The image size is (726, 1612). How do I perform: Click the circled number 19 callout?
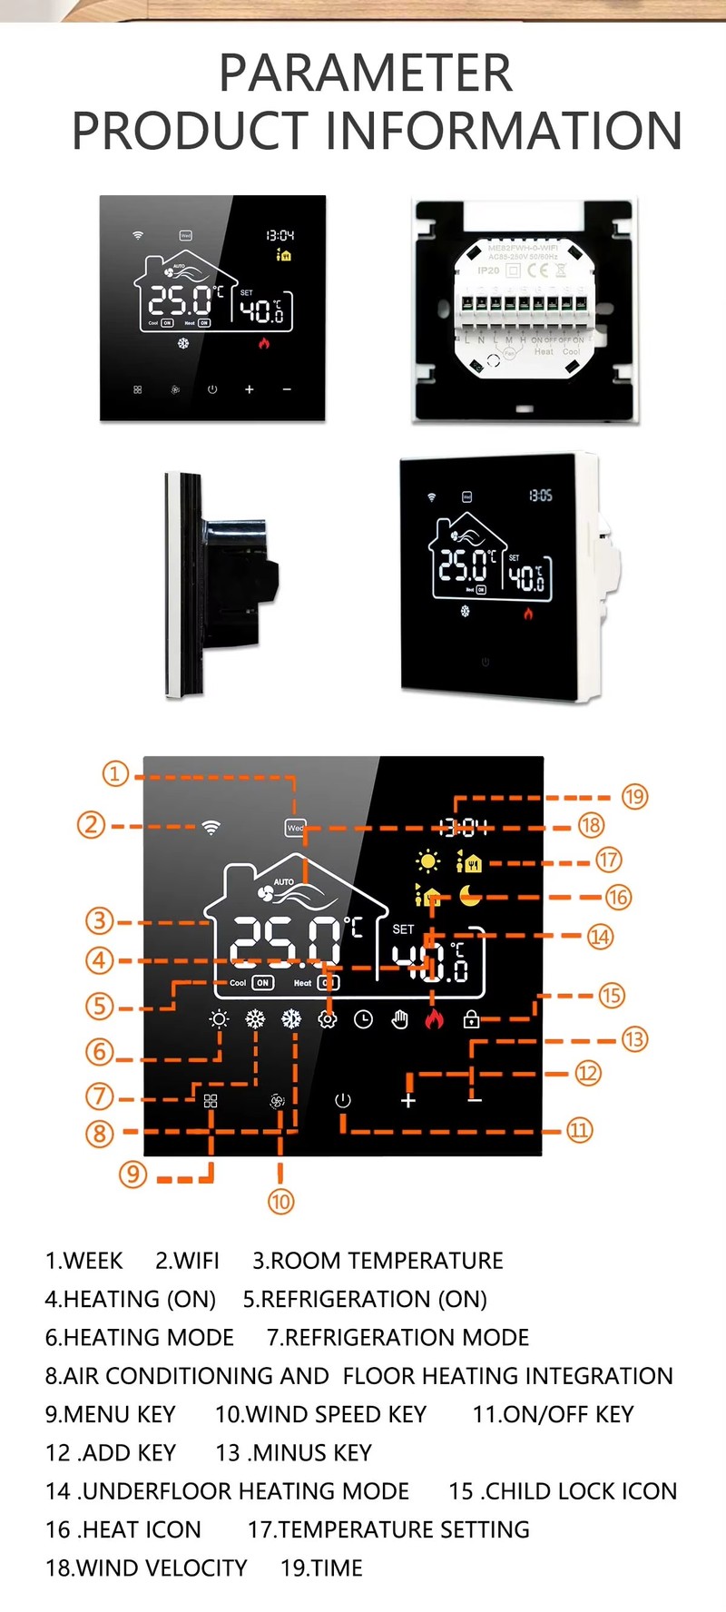click(634, 797)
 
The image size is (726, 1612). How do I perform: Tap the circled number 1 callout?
click(115, 774)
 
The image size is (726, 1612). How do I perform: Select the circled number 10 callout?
click(280, 1202)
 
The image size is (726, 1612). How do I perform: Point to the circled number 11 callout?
click(579, 1130)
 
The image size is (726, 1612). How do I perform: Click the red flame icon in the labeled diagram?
click(435, 1019)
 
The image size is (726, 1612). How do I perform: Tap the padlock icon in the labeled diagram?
click(471, 1019)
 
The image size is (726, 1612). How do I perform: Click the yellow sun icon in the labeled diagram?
click(427, 860)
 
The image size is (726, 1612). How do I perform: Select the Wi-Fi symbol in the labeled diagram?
click(211, 827)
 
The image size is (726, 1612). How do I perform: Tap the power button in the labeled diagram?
click(342, 1100)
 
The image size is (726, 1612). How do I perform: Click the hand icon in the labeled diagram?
click(399, 1019)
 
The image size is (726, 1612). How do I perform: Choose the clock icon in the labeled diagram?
click(363, 1019)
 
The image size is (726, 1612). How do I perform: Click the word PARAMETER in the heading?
click(365, 74)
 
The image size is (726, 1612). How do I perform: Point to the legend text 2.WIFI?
click(187, 1261)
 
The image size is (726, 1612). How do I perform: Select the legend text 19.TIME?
click(321, 1568)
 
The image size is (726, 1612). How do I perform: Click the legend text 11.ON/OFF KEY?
click(553, 1414)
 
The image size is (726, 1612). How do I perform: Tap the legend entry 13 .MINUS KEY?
click(293, 1452)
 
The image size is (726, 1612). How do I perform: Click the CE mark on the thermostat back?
click(538, 270)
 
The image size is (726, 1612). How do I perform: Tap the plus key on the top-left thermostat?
click(250, 389)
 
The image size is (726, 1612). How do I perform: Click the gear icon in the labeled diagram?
click(328, 1019)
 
